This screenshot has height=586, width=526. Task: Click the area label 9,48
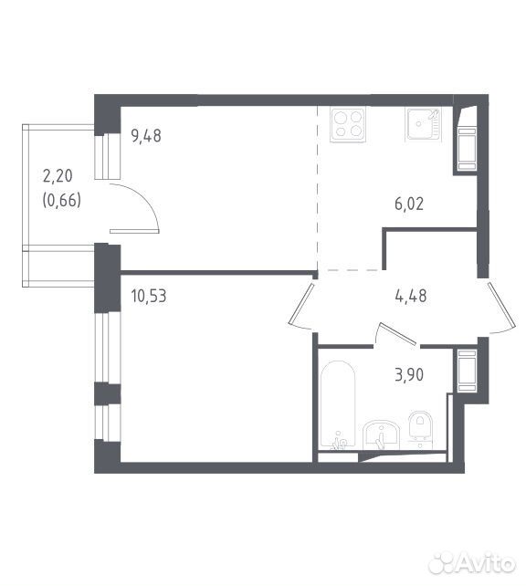pos(146,135)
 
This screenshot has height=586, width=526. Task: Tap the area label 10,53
pos(149,296)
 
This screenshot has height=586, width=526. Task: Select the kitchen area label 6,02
pos(409,204)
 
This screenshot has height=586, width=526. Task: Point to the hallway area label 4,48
pos(411,296)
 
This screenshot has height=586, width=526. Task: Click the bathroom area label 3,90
pos(409,374)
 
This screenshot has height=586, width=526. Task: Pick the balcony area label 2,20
pos(58,175)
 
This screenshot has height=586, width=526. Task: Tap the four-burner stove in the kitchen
pos(347,125)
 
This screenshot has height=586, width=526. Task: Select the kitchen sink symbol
pos(424,124)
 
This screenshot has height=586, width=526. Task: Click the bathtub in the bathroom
pos(338,404)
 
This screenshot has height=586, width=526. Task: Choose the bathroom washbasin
pos(381,434)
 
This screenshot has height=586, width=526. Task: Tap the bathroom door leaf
pos(397,333)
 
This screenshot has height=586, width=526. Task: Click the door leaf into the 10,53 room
pos(301,303)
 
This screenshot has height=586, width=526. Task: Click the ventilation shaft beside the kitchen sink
pos(466,140)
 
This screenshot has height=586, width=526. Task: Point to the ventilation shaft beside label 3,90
pos(467,371)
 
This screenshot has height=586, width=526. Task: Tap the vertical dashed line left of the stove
pos(318,188)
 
